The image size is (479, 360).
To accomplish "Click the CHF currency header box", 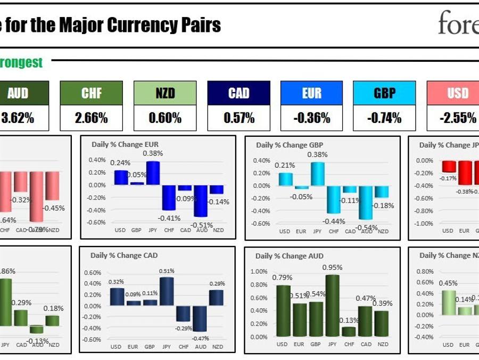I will (x=91, y=93).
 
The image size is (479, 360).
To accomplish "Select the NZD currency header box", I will (x=165, y=93).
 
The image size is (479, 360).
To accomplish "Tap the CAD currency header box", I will (x=238, y=93).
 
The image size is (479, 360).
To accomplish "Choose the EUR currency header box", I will (x=312, y=93).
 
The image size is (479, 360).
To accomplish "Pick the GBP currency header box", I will (x=385, y=93).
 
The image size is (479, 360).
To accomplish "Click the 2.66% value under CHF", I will (x=91, y=118).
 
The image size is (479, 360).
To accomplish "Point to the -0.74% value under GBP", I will (x=385, y=118).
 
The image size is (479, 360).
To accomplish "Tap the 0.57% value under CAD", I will (x=238, y=118).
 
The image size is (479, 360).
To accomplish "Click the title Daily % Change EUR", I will (x=133, y=144).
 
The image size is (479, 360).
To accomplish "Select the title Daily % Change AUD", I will (x=290, y=256).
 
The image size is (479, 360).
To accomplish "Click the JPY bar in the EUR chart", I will (x=153, y=173).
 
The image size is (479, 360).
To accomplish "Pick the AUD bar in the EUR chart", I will (x=201, y=200).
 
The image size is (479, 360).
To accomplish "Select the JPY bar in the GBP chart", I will (x=318, y=174).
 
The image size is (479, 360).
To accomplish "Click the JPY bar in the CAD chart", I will (x=166, y=291).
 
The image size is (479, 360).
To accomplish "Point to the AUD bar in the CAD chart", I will (x=200, y=318).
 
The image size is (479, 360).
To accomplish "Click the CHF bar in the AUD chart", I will (x=349, y=331).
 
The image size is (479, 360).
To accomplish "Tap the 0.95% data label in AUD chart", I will (x=333, y=267).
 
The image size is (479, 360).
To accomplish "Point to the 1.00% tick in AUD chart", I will (x=259, y=272).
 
